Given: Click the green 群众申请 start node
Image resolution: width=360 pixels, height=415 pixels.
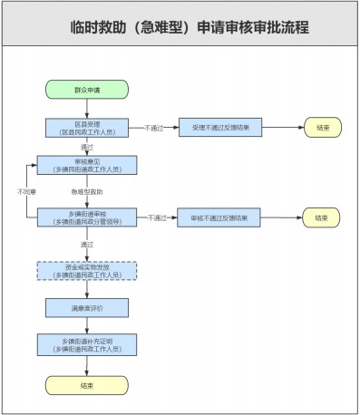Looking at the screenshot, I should (87, 91).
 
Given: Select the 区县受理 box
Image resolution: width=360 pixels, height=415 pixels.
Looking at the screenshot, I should (87, 128).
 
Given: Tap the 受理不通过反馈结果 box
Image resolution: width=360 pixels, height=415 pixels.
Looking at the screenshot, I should (220, 128).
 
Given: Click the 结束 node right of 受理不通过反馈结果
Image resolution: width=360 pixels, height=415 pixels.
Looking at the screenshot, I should (322, 128).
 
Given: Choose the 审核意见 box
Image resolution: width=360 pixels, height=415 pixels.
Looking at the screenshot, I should (87, 164).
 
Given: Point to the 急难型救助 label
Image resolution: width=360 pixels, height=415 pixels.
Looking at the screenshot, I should (87, 192).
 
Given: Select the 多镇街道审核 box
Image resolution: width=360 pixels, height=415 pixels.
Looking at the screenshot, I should (87, 217).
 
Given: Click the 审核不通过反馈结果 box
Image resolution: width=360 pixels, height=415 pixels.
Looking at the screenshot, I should (220, 218).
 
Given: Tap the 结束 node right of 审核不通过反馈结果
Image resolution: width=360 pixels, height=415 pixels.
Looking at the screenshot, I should (322, 218).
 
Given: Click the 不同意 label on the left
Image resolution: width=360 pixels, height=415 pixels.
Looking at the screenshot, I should (25, 191).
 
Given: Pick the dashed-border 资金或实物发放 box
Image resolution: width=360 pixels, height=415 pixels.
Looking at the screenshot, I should (87, 271).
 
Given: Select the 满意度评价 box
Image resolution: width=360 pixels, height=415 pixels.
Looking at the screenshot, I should (87, 308).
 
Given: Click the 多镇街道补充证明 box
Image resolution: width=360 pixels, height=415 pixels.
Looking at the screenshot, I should (87, 344).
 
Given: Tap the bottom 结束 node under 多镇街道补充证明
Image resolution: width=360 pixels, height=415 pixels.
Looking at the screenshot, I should (87, 385).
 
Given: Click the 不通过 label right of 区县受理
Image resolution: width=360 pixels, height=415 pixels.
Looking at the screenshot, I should (154, 128).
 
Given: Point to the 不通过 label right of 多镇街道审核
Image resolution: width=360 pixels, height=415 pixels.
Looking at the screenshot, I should (156, 218).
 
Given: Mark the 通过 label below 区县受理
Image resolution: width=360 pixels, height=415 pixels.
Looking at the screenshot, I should (87, 147).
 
